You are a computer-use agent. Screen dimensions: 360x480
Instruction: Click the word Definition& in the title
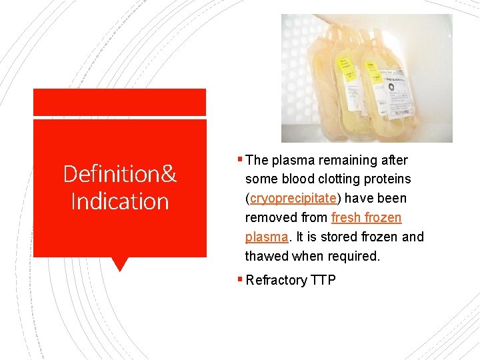click(119, 175)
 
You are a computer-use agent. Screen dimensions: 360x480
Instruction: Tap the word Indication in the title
click(119, 201)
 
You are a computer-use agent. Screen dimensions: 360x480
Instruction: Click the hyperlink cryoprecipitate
click(293, 199)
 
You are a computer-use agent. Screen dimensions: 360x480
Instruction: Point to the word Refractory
click(276, 280)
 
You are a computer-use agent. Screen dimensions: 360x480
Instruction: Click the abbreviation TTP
click(323, 280)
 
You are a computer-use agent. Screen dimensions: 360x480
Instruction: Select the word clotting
click(341, 179)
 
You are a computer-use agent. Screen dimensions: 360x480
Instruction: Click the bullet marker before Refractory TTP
click(241, 280)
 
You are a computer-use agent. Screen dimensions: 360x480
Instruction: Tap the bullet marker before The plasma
click(241, 160)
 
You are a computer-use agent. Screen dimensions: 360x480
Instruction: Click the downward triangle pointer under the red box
click(119, 264)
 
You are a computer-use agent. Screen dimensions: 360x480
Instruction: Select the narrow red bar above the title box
click(119, 102)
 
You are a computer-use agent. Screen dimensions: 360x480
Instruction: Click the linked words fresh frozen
click(366, 218)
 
